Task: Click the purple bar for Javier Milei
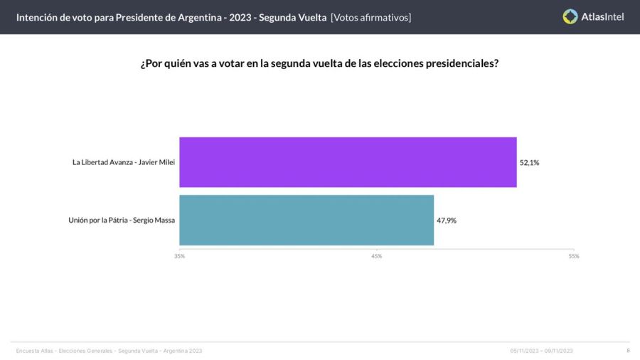348,162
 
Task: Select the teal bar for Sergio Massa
306,220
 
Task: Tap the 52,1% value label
530,162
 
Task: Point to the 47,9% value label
447,221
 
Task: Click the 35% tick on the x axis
180,256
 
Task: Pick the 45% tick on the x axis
377,256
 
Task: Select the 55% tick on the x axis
573,256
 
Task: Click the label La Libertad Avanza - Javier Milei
124,162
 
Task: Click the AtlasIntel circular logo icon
570,16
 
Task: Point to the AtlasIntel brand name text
602,16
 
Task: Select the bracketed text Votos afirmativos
370,17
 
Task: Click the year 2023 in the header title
240,17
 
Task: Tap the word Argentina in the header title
193,17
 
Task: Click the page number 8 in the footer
628,350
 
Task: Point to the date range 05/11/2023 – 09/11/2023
541,351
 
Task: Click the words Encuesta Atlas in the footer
34,351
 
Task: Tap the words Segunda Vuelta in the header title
294,17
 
